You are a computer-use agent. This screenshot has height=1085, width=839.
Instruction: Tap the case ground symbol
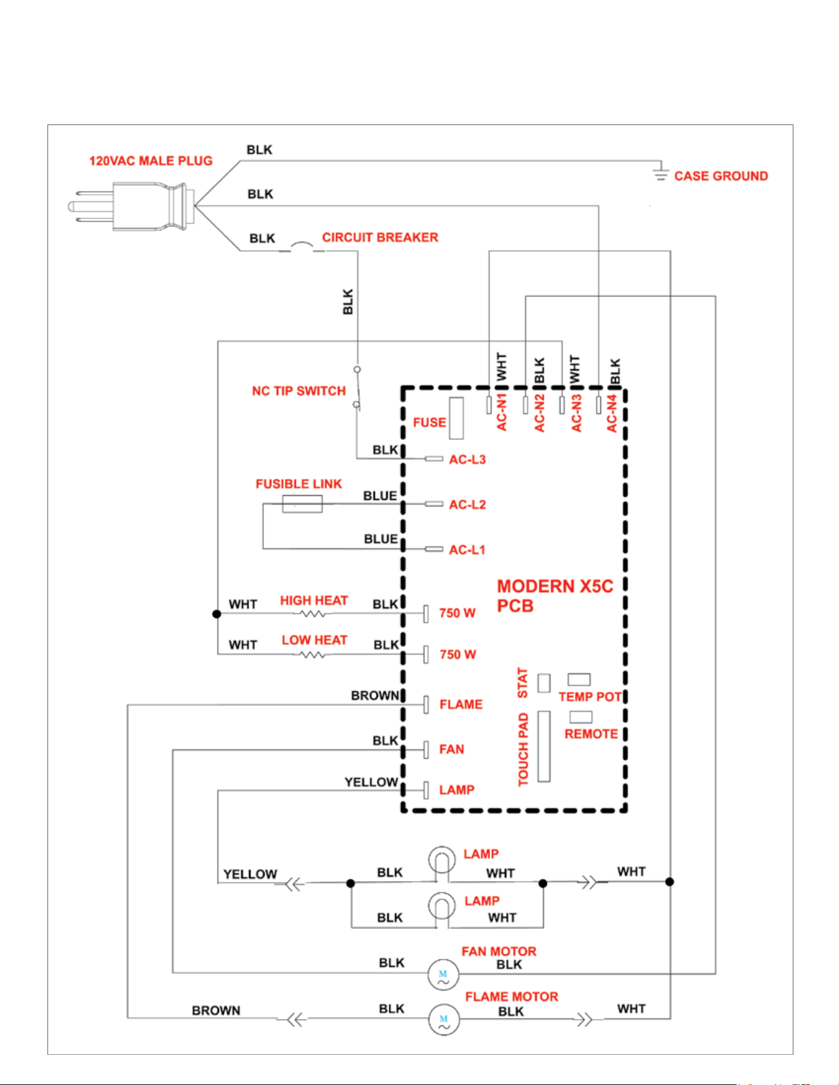click(x=660, y=172)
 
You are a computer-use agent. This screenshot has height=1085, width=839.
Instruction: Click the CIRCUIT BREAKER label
click(x=380, y=237)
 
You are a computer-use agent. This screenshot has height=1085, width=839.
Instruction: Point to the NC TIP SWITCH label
click(x=299, y=391)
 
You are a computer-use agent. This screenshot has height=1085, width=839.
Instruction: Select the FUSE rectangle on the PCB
click(x=456, y=418)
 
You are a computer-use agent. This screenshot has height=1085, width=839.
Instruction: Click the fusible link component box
click(x=302, y=503)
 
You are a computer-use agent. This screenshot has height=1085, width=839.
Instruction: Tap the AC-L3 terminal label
click(x=467, y=460)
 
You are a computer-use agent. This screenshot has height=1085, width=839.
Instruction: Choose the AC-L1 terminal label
click(x=467, y=550)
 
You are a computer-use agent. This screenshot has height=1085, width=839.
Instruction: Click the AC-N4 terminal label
click(x=612, y=413)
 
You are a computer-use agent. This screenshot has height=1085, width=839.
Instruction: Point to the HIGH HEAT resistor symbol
click(x=312, y=614)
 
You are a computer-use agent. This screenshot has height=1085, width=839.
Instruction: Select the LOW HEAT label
click(x=314, y=640)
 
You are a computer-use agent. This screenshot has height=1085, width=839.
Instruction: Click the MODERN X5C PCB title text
click(x=555, y=596)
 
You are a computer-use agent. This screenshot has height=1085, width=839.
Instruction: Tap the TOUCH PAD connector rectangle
click(x=544, y=746)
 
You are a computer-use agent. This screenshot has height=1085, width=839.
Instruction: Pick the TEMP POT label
click(x=590, y=697)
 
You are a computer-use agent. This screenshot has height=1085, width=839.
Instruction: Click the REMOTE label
click(x=591, y=734)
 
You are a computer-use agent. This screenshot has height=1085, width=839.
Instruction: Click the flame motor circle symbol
click(x=444, y=1020)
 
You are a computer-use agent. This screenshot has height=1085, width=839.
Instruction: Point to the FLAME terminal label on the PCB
click(x=461, y=704)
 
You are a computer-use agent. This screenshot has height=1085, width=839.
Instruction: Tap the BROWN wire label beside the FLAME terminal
click(x=375, y=696)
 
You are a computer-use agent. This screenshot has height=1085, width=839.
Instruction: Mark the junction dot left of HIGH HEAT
click(x=216, y=614)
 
